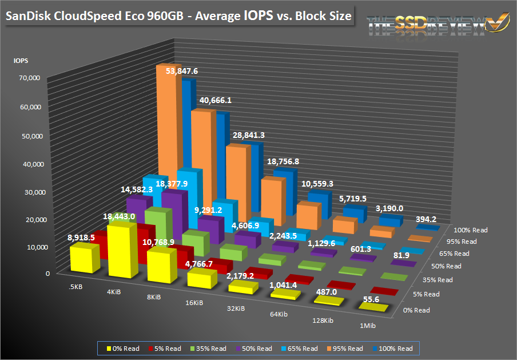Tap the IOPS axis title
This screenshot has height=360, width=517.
(x=22, y=60)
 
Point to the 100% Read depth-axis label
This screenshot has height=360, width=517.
(x=470, y=230)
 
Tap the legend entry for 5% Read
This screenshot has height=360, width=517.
(x=166, y=348)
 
